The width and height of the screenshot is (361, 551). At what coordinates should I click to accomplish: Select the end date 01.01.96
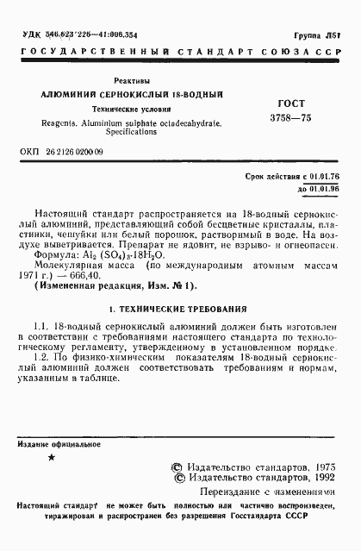coord(326,188)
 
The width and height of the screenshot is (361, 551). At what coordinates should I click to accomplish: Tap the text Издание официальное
coord(59,444)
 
